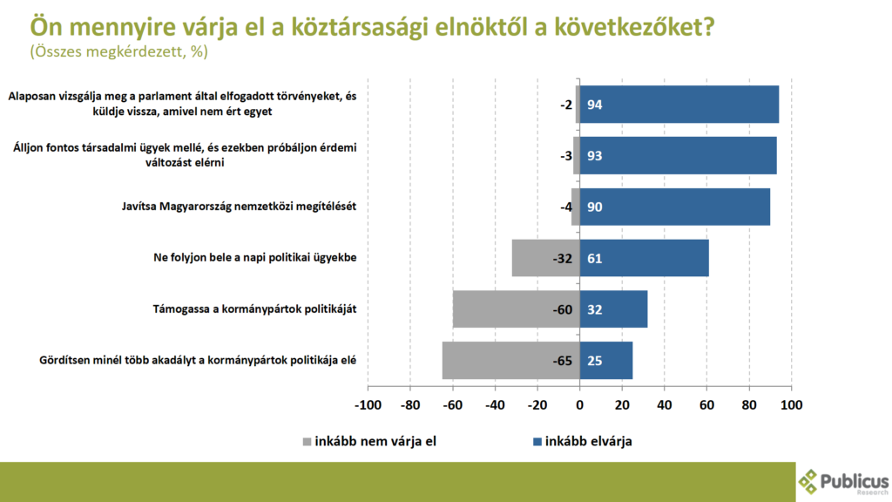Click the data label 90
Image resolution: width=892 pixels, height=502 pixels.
point(595,207)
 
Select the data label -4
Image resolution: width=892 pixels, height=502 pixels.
point(564,207)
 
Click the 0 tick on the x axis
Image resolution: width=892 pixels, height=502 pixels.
point(580,405)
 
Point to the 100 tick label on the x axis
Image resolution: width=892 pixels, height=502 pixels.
point(791,405)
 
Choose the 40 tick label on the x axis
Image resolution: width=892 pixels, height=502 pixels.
point(665,405)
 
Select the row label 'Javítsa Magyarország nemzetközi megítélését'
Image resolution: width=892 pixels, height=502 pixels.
point(240,207)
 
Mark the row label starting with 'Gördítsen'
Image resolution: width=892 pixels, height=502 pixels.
point(199,360)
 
